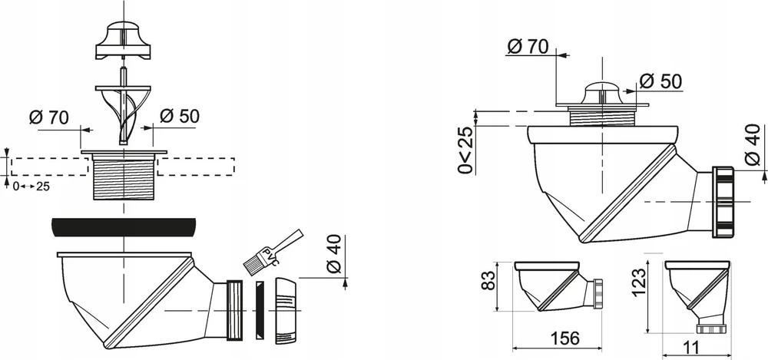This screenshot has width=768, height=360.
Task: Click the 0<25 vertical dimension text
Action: tap(467, 150)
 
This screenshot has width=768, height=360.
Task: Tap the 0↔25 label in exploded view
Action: tap(31, 186)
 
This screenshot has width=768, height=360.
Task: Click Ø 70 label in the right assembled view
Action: tap(528, 47)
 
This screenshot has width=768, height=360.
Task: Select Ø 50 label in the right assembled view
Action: tap(661, 81)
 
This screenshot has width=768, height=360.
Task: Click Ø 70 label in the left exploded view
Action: tap(49, 117)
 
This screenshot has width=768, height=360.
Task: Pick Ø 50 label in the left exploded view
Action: tap(180, 116)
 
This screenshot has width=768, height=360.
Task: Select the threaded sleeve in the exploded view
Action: tap(124, 175)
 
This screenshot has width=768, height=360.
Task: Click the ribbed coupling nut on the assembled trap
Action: tap(723, 203)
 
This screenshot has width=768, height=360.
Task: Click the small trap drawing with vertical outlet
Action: tap(697, 296)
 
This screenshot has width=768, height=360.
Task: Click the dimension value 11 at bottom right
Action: tap(692, 348)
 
